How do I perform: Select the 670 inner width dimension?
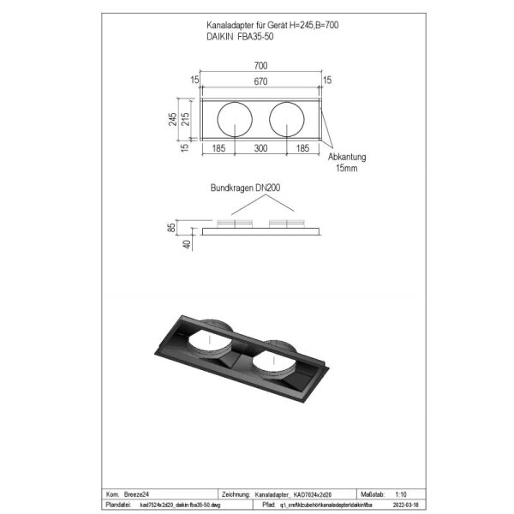pos(260,81)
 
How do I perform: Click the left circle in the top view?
pos(234,118)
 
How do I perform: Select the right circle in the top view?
pos(286,118)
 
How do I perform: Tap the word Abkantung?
pos(346,158)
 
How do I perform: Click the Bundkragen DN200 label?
pos(247,187)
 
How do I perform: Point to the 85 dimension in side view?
pos(174,228)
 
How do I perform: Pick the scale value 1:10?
pos(401,494)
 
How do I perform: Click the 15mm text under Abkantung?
pos(347,169)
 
